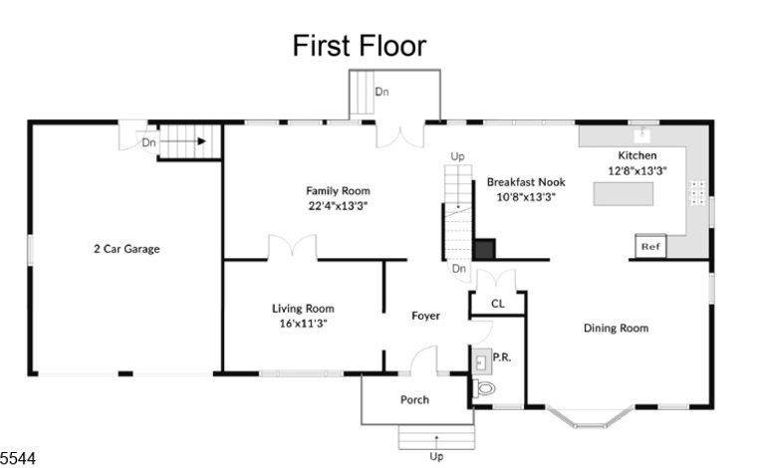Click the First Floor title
click(x=360, y=46)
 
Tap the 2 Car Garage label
click(x=126, y=249)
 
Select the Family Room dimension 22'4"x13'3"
click(x=338, y=206)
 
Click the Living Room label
click(x=303, y=309)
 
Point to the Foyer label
click(x=425, y=316)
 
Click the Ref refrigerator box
click(x=650, y=247)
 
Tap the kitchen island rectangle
click(x=624, y=194)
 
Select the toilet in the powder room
click(x=483, y=388)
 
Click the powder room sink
click(x=481, y=361)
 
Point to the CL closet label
click(x=498, y=304)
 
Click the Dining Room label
click(x=616, y=328)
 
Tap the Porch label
click(x=414, y=399)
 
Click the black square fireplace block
click(x=484, y=250)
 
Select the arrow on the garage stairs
click(x=182, y=141)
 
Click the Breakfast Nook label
click(x=526, y=182)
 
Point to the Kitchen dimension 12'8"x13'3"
click(x=637, y=171)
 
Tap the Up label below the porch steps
click(x=436, y=456)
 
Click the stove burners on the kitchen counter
click(x=697, y=192)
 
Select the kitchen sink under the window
click(x=642, y=134)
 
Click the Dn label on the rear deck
click(x=381, y=92)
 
